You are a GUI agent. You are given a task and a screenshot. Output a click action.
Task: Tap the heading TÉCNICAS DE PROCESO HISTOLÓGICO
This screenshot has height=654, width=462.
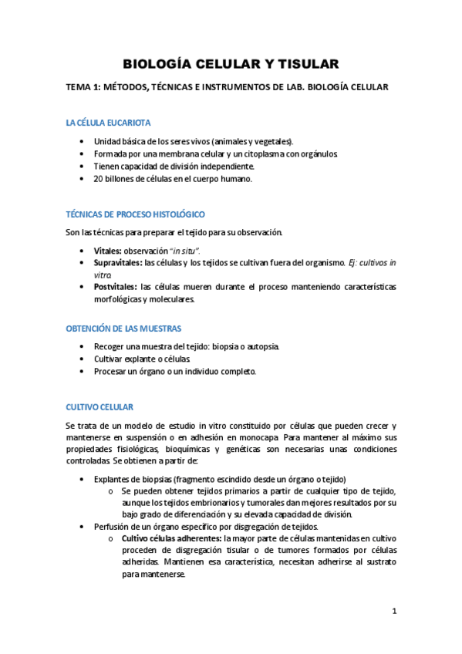[134, 214]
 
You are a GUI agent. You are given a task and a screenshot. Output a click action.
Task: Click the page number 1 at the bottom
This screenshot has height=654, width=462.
[393, 612]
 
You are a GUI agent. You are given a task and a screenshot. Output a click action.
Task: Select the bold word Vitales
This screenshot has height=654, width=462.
[107, 250]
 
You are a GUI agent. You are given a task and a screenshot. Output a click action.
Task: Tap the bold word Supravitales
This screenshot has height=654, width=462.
[117, 262]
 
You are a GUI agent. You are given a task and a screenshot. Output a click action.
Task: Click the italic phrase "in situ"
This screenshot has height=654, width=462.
[186, 250]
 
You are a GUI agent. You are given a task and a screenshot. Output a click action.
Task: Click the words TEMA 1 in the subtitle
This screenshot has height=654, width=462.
[86, 88]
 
